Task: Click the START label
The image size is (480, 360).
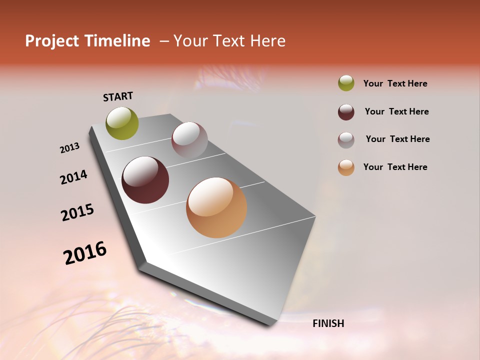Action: (x=118, y=96)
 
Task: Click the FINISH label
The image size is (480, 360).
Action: (x=328, y=323)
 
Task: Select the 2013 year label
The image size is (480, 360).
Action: (x=70, y=148)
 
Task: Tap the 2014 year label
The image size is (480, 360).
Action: (x=73, y=177)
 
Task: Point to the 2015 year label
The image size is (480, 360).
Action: (x=77, y=212)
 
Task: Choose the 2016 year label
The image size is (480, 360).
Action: (x=85, y=253)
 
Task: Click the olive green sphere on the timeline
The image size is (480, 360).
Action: (x=122, y=123)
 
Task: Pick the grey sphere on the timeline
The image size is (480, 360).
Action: (x=189, y=140)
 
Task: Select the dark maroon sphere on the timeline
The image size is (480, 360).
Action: (x=145, y=180)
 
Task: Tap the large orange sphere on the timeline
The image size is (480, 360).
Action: (x=216, y=207)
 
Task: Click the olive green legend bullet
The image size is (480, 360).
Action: (x=346, y=83)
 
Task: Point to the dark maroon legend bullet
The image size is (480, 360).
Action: (x=346, y=112)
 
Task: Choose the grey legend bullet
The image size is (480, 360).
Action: (x=346, y=140)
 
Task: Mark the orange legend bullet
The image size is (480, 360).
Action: (x=346, y=167)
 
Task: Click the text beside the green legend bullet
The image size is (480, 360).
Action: (x=395, y=83)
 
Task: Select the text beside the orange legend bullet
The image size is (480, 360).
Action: (x=395, y=167)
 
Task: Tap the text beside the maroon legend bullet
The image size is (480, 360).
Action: (x=396, y=111)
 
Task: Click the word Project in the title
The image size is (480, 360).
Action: (x=52, y=41)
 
